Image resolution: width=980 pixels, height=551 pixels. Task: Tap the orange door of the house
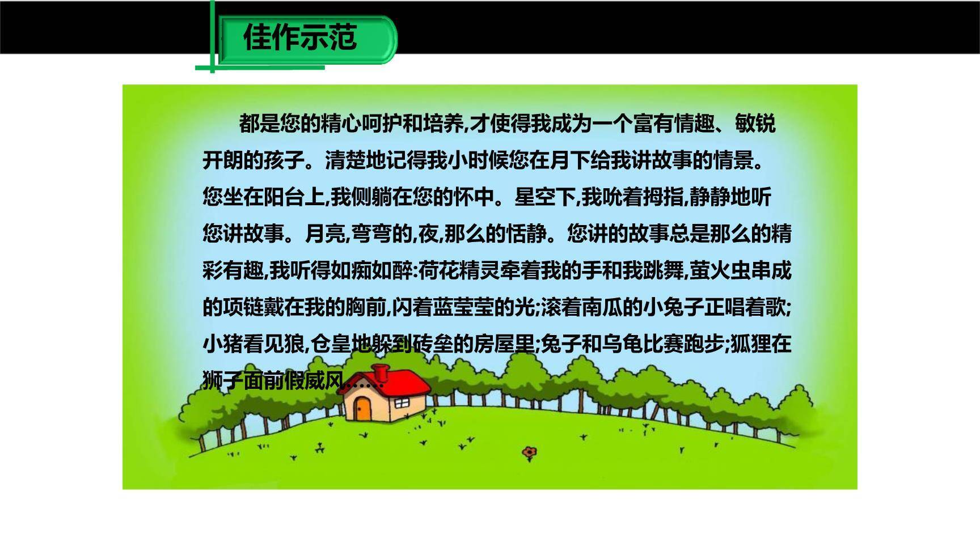click(362, 408)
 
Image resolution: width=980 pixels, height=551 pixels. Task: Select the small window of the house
click(402, 402)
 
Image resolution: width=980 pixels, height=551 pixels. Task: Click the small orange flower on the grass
click(530, 452)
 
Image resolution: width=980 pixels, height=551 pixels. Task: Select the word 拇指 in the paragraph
click(664, 197)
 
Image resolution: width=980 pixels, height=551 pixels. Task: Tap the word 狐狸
click(750, 344)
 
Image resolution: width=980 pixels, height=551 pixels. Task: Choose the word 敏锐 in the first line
click(755, 123)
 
